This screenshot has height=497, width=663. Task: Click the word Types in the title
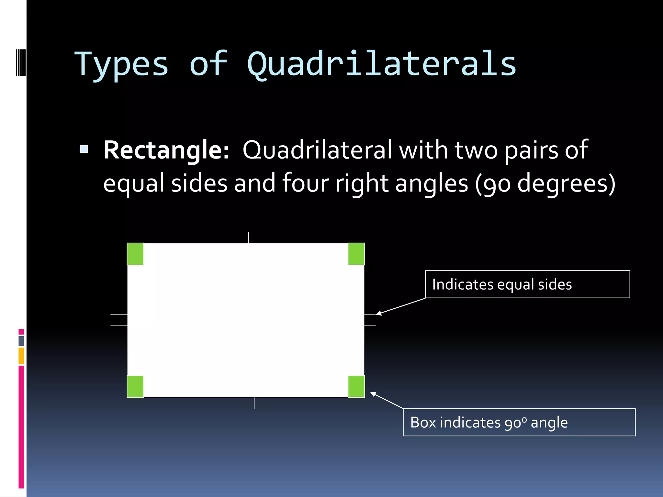[121, 65]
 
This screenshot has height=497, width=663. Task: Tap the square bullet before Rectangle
[84, 149]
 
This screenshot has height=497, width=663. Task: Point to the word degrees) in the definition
[566, 183]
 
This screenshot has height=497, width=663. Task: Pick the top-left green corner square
[135, 254]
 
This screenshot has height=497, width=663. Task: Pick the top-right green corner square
[356, 254]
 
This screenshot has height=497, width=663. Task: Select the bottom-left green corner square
[135, 386]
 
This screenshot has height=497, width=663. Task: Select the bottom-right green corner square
[356, 386]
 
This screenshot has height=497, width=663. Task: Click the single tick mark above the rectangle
[249, 237]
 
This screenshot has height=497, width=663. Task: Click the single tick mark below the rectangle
[254, 403]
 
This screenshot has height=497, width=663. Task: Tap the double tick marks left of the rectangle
[119, 320]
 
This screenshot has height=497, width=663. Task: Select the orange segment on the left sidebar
[21, 356]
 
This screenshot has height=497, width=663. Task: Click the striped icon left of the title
[21, 62]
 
